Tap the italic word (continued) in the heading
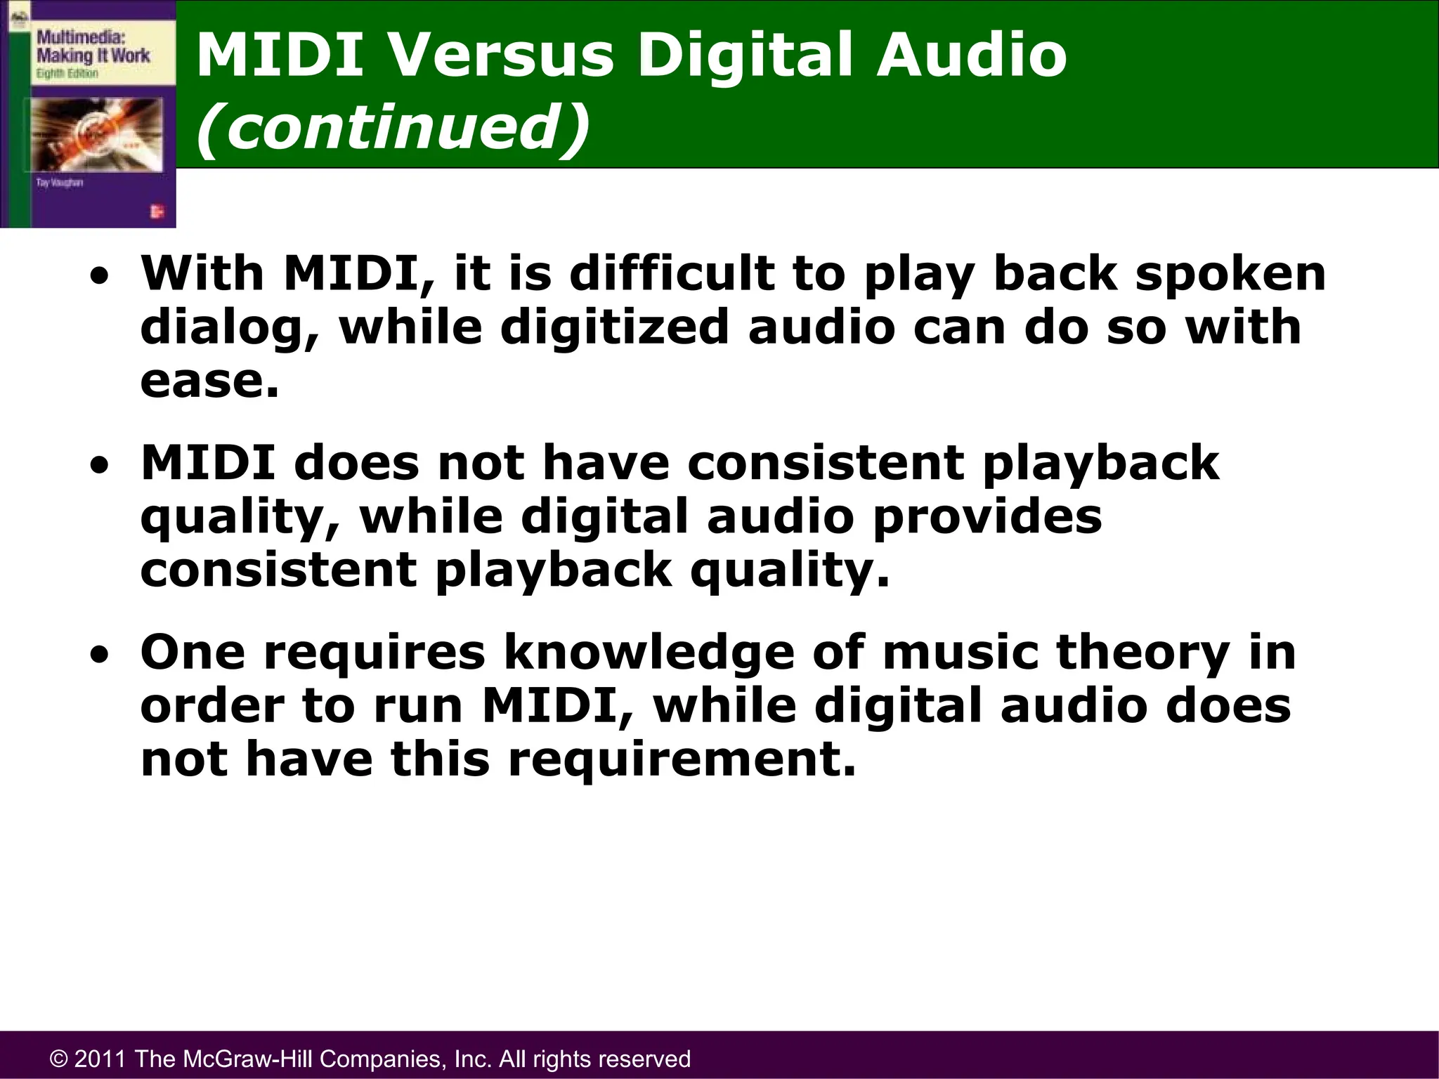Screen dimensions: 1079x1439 coord(392,127)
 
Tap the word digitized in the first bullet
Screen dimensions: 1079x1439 coord(614,327)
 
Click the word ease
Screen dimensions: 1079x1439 coord(209,382)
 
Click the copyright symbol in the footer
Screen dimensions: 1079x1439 coord(58,1059)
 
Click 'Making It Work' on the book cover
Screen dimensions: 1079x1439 coord(93,55)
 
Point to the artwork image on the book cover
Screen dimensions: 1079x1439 coord(94,134)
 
